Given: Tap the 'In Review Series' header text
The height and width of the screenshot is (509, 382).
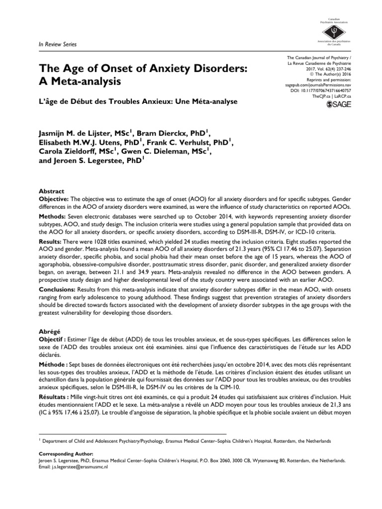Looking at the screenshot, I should tap(57, 45).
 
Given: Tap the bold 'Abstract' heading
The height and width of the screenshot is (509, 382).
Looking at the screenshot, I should tap(51, 191).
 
